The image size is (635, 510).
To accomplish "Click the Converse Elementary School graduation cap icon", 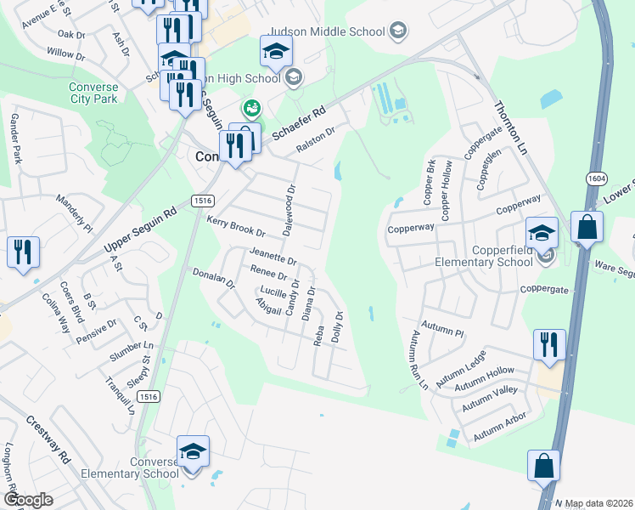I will coord(193,451).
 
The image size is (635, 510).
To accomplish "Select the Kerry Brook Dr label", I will coord(236,226).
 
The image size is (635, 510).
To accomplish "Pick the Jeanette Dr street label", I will coord(273,255).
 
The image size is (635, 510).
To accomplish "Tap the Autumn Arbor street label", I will coord(500,427).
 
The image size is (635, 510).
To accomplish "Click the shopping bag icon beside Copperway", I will coord(587,227).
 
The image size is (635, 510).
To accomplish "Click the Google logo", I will coord(28,499).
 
